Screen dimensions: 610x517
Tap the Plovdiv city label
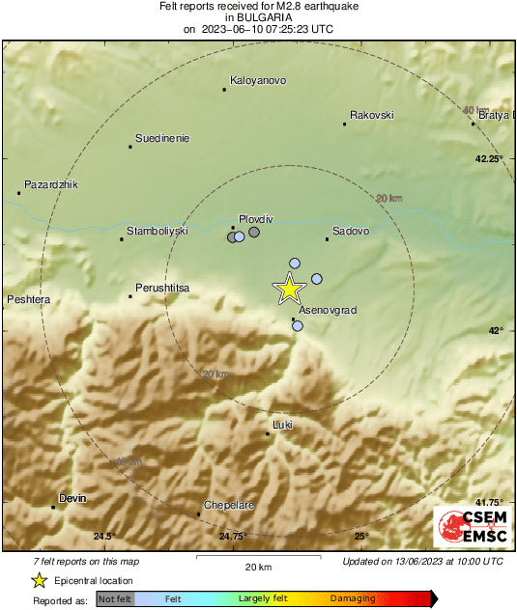[x=256, y=219]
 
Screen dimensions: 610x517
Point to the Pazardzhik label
[x=50, y=183]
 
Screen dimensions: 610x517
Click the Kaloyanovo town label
[x=258, y=81]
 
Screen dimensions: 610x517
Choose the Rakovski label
[x=372, y=115]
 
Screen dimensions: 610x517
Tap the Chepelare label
[x=229, y=505]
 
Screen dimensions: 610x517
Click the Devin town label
[x=72, y=498]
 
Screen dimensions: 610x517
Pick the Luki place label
[x=283, y=425]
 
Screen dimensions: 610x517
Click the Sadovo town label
[x=351, y=231]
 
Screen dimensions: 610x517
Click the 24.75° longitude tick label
[x=232, y=537]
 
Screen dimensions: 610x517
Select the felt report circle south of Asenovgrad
[x=298, y=326]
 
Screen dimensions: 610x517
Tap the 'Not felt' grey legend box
[x=115, y=599]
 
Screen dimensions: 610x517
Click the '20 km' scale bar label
[x=257, y=566]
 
